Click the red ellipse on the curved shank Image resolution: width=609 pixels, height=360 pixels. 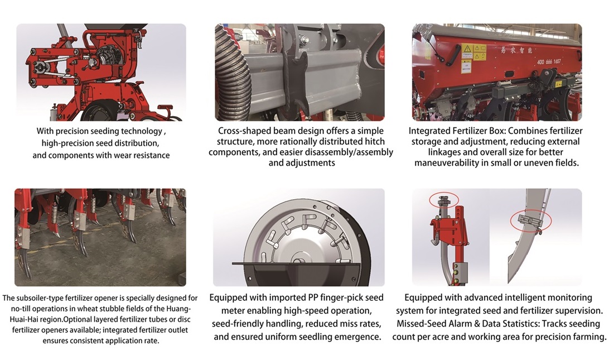tap(527, 222)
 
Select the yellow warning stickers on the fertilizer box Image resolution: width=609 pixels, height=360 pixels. tap(473, 52)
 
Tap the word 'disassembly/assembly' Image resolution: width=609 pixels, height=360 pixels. tap(352, 152)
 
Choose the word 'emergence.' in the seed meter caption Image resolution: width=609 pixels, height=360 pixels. tap(355, 337)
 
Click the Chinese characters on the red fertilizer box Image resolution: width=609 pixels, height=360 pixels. tap(521, 50)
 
